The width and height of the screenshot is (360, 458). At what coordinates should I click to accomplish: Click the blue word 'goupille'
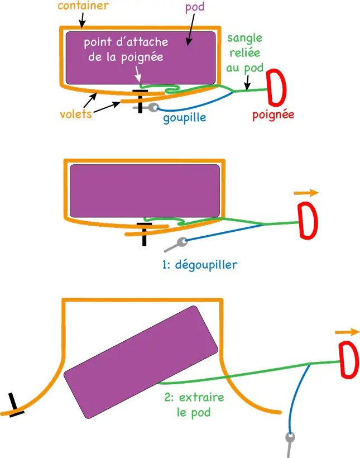pos(184,118)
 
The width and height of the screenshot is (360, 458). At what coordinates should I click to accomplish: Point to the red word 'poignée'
pos(273,116)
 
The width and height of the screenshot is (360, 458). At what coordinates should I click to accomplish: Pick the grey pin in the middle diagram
pos(177,244)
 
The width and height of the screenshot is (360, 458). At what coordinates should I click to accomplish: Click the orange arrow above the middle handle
pos(306,193)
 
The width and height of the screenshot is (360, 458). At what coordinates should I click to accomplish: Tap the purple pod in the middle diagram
pos(144,190)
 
